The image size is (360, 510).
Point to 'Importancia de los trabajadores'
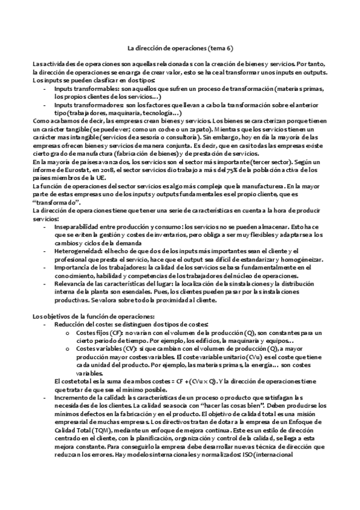pyautogui.click(x=100, y=268)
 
